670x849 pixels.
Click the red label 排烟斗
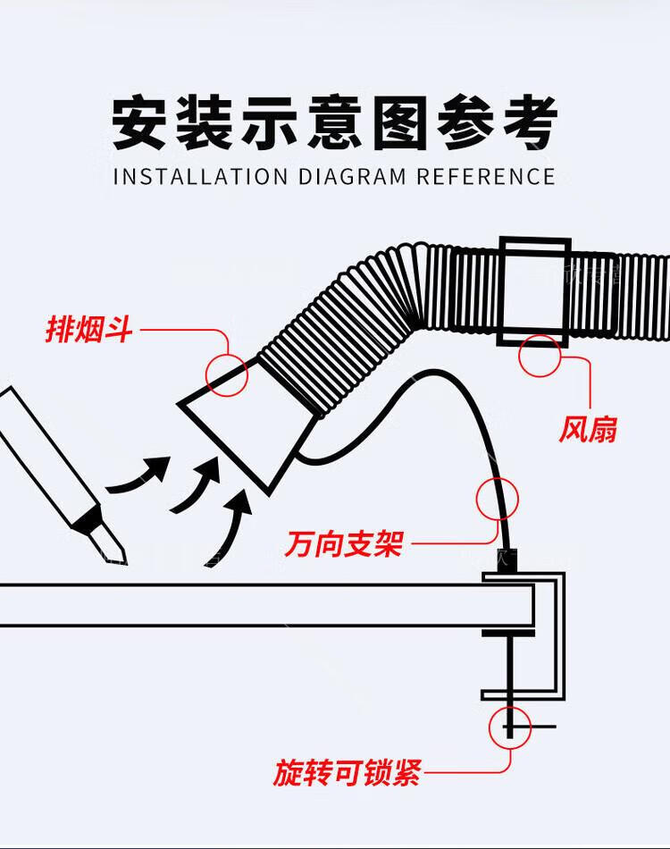pos(88,329)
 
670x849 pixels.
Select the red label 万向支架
pos(344,543)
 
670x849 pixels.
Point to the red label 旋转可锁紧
pos(347,773)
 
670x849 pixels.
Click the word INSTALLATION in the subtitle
pos(201,177)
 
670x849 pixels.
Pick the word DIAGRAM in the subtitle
pos(352,177)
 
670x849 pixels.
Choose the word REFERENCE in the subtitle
pos(486,177)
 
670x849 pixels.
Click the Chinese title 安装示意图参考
pos(334,122)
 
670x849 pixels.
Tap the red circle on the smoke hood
pos(227,374)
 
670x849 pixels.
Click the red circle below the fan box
pos(540,356)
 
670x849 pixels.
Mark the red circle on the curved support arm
pos(498,499)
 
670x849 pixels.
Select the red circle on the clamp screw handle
pos(510,727)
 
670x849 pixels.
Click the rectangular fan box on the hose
pos(535,292)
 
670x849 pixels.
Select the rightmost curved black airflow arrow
pos(229,527)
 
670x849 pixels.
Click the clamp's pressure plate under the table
pos(508,633)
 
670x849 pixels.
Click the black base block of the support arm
pos(507,561)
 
